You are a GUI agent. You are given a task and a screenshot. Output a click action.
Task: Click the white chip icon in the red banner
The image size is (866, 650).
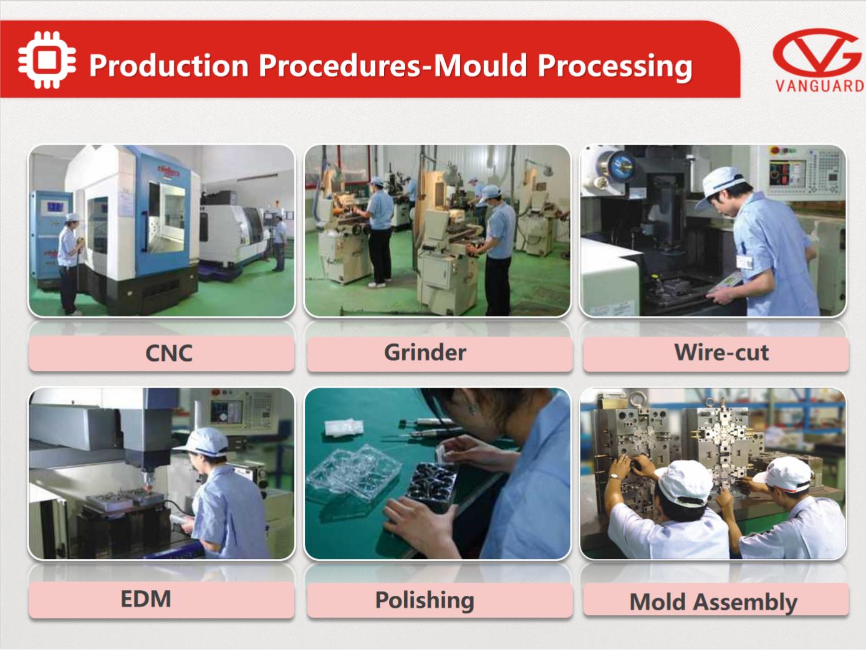pos(47,60)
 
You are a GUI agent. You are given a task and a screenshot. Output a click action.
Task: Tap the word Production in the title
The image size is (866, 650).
pos(169,65)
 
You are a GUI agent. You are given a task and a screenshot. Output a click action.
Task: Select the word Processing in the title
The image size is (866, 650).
pos(615,66)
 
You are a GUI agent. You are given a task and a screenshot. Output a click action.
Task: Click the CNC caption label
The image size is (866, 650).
pos(169,353)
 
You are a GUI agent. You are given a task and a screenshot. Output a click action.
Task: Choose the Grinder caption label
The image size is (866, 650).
pos(425,352)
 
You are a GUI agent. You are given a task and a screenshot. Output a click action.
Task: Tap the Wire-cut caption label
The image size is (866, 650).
pos(721,352)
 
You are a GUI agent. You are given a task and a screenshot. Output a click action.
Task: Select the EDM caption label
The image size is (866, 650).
pos(146,599)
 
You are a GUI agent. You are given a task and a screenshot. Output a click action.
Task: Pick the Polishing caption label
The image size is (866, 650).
pos(425,600)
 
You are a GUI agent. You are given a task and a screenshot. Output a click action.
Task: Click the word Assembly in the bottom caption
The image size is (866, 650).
pos(745,603)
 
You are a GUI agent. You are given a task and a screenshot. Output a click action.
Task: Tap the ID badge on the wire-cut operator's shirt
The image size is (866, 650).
pos(744,262)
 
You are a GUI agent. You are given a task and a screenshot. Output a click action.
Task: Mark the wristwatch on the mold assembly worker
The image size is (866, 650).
pos(614,477)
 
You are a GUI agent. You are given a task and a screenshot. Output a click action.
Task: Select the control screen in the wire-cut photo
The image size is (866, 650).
pos(787,174)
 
